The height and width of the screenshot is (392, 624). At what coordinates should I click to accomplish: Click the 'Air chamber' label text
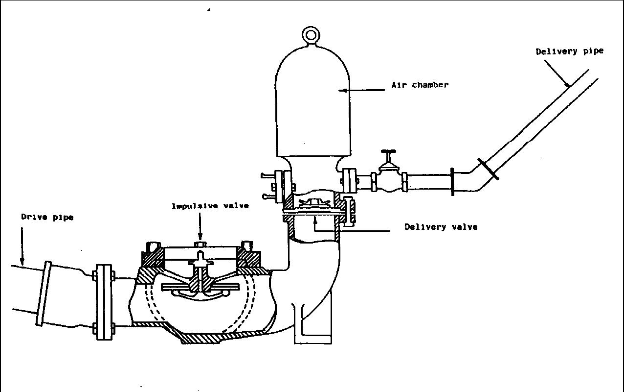coord(420,85)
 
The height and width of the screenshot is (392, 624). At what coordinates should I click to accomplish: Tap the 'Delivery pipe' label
coord(569,51)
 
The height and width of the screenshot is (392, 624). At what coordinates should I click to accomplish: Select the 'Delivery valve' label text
coord(441,227)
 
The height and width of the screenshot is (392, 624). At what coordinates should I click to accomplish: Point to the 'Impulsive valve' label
coord(210,206)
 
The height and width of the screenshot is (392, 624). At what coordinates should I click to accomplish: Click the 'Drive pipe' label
coord(47,217)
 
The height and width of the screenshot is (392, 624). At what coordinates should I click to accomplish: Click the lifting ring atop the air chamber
coord(311,35)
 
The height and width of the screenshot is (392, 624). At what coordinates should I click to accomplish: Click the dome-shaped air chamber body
coord(313,108)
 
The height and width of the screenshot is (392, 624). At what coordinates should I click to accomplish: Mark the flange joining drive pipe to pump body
coord(104,302)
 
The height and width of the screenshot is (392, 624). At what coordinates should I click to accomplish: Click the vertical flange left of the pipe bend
coord(452,182)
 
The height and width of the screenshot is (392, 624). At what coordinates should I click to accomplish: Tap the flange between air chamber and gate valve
coord(350,181)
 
